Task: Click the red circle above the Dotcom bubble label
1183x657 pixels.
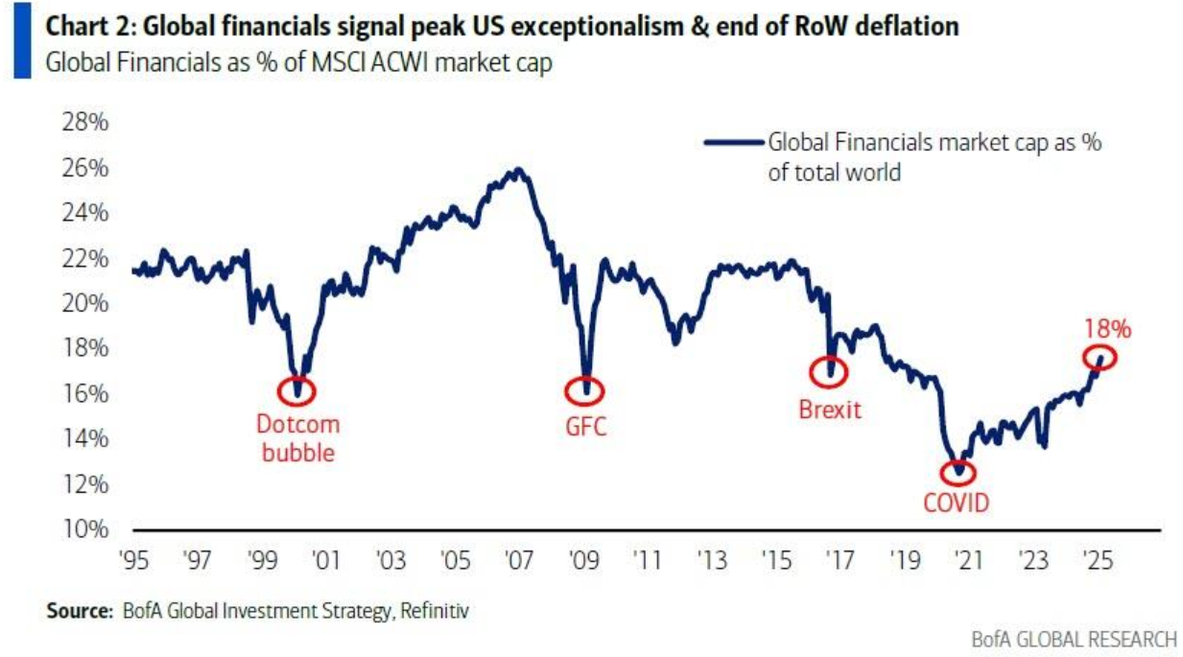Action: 296,390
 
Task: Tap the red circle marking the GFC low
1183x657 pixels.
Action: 585,389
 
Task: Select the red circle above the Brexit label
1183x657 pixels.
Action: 829,371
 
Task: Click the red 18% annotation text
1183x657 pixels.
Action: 1108,329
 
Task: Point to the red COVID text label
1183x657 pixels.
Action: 957,502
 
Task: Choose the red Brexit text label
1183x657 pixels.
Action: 830,411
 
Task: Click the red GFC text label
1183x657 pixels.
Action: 584,427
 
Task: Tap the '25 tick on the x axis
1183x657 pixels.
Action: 1097,559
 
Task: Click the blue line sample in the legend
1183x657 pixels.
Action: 733,143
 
